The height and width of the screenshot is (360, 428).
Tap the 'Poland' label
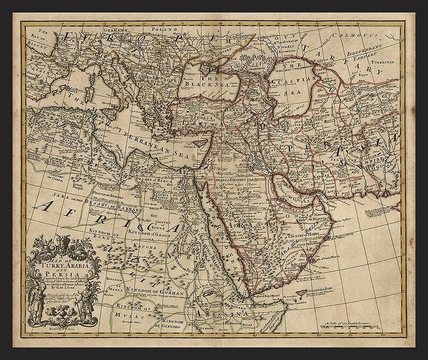coord(167,29)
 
